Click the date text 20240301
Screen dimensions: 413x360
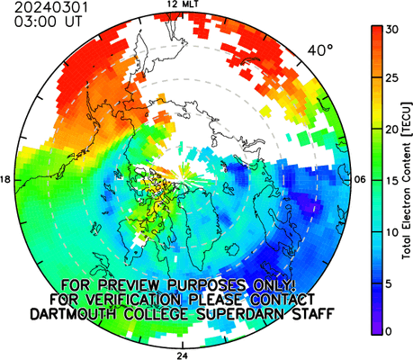51,7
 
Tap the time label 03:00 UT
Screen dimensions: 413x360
48,22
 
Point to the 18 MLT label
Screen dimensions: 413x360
5,180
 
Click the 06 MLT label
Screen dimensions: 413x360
359,180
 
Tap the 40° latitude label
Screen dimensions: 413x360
320,50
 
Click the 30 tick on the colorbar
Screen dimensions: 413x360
392,30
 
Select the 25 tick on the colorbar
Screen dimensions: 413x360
392,78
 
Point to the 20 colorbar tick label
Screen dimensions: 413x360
392,130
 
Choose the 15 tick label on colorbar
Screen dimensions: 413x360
392,181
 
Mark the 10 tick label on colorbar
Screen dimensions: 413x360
392,232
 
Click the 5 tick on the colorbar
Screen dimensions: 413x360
389,283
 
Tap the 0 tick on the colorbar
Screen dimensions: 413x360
389,331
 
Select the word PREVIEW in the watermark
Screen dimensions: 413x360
129,285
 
